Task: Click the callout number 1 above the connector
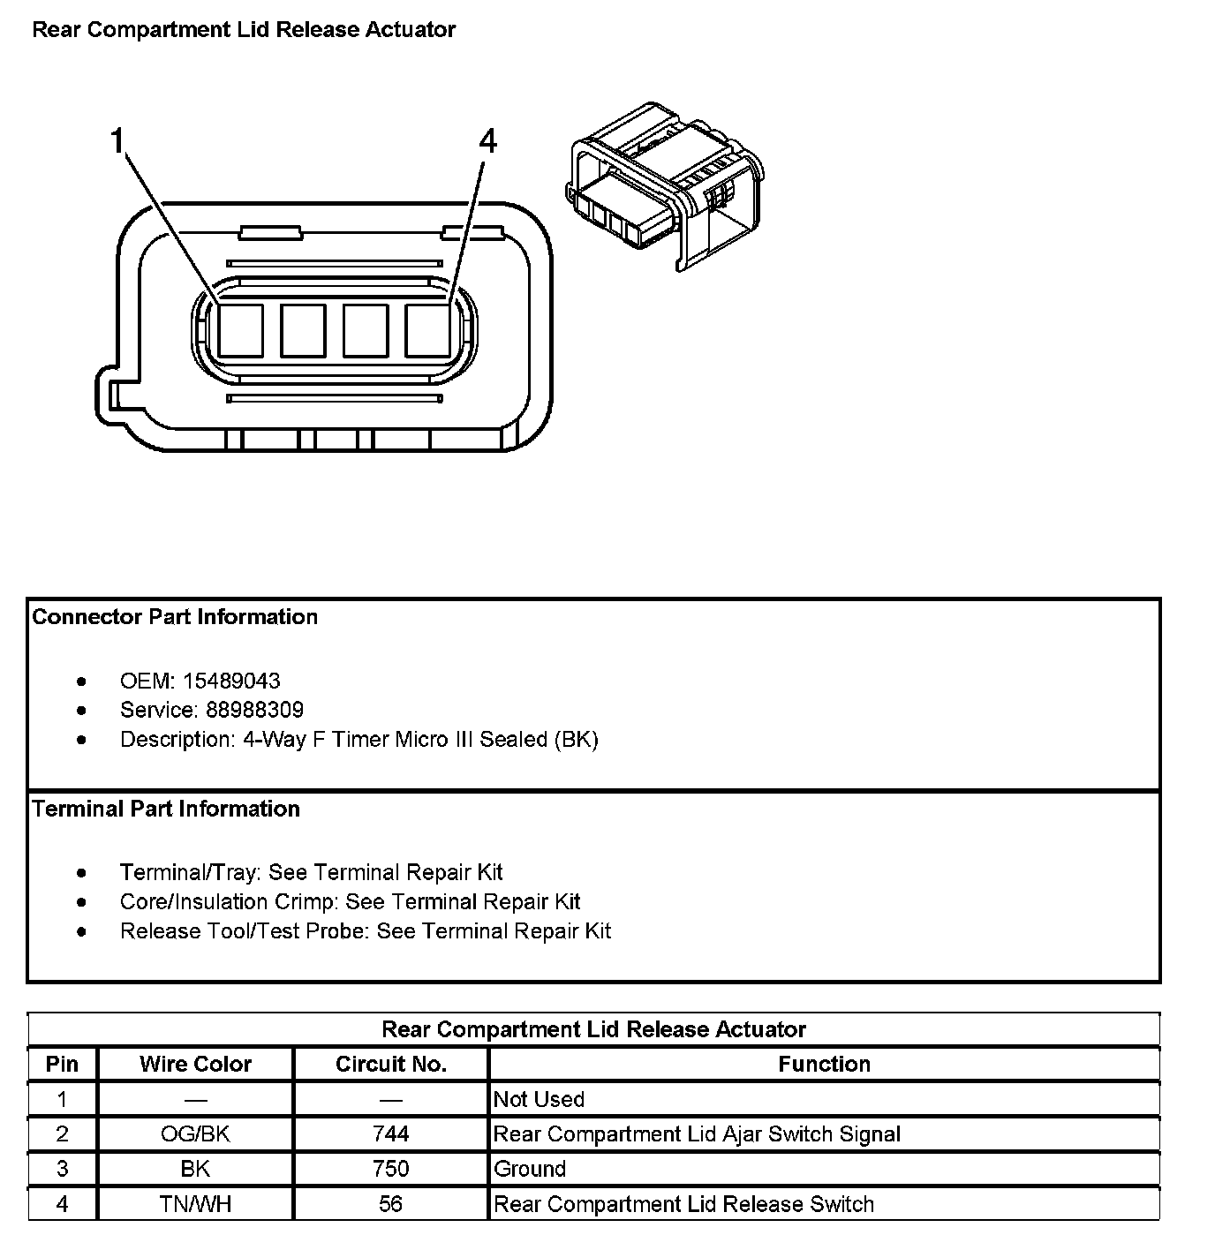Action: click(117, 141)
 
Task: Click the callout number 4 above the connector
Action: click(487, 141)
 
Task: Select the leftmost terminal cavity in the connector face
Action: click(240, 330)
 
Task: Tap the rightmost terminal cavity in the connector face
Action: click(427, 330)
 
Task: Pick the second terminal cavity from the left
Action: click(303, 330)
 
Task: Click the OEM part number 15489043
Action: click(231, 681)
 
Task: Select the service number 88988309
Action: click(254, 710)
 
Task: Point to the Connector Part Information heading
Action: click(175, 616)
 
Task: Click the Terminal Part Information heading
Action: click(166, 809)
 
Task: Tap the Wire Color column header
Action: click(195, 1064)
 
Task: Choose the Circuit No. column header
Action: click(390, 1064)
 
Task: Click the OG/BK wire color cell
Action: click(195, 1133)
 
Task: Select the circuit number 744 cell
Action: click(390, 1133)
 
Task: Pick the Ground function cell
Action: click(530, 1169)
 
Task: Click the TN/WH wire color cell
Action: click(195, 1204)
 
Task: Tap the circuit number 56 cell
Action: click(390, 1204)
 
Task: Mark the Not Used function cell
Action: click(539, 1099)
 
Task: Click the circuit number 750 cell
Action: click(390, 1169)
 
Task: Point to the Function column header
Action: click(824, 1064)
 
